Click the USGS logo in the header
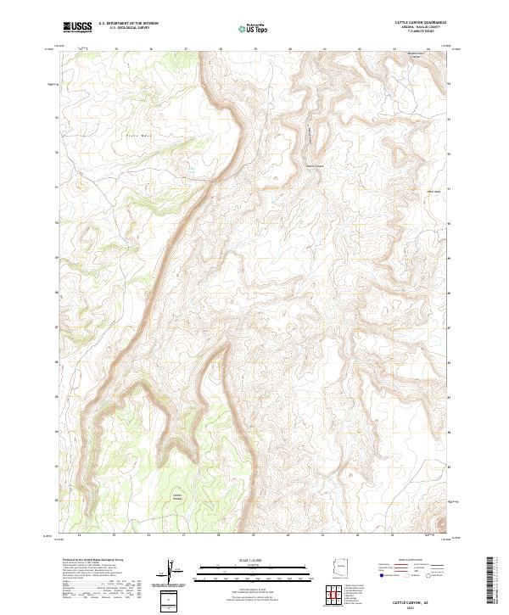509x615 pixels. point(77,27)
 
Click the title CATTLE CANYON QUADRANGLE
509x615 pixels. point(413,22)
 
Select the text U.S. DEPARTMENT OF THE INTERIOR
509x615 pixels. point(128,24)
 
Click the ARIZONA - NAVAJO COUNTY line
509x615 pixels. point(413,27)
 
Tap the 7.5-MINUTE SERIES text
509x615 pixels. point(413,32)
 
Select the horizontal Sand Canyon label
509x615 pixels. point(315,165)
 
